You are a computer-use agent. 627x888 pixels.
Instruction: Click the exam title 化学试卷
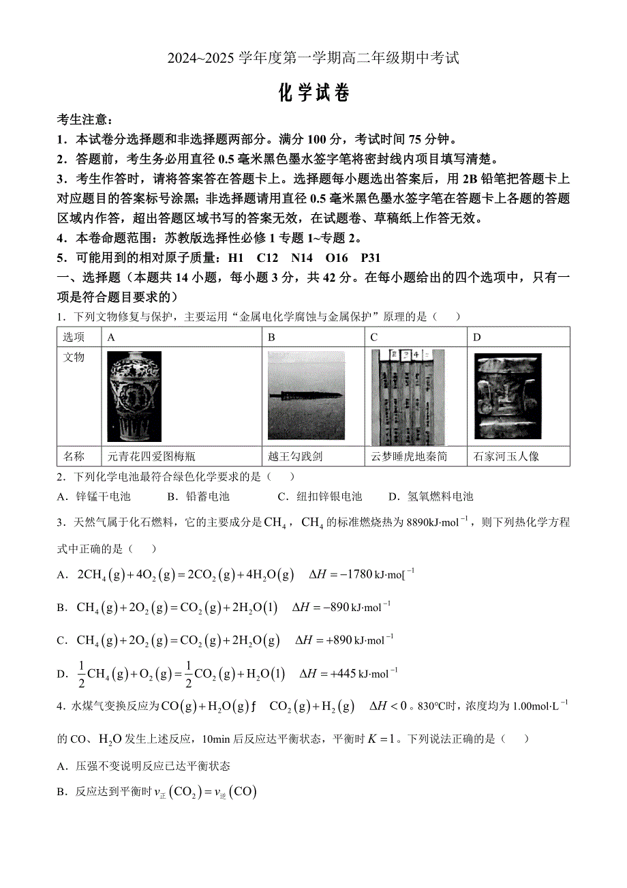tap(314, 93)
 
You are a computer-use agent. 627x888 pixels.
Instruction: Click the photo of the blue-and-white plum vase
tap(134, 396)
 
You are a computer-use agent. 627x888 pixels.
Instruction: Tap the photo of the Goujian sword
tap(306, 396)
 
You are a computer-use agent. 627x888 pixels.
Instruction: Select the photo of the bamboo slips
tap(408, 398)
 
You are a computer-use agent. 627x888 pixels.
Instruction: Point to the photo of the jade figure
tap(508, 396)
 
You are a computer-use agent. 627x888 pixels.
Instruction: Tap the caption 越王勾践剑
tap(294, 456)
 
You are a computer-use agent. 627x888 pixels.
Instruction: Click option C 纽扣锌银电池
tap(320, 497)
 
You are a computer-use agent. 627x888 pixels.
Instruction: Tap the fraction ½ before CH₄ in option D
tap(81, 673)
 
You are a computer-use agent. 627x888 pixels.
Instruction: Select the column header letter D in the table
tap(477, 337)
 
